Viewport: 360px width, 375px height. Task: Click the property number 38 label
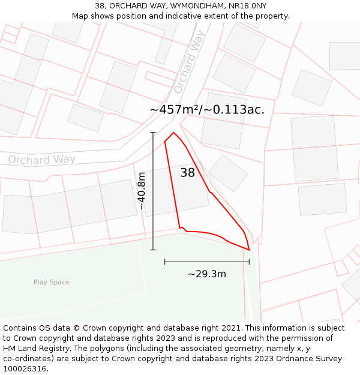(x=188, y=173)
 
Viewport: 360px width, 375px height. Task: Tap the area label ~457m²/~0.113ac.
(x=207, y=110)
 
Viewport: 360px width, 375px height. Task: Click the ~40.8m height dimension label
(x=142, y=190)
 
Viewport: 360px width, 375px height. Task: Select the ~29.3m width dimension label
(x=207, y=274)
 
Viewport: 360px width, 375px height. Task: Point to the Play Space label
(x=52, y=282)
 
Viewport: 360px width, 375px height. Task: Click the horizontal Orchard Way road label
(x=41, y=159)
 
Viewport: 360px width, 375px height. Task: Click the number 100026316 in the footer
(x=25, y=369)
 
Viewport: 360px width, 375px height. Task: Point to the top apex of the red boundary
(x=173, y=133)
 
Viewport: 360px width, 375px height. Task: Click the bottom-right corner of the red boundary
(x=249, y=250)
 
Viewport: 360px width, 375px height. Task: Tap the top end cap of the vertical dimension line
(x=153, y=133)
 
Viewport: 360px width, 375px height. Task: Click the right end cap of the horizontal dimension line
(x=249, y=262)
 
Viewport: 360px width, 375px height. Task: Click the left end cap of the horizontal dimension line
(x=165, y=262)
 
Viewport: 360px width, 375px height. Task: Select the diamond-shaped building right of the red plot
(x=228, y=173)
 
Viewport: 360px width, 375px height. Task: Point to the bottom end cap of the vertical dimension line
(x=153, y=250)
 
